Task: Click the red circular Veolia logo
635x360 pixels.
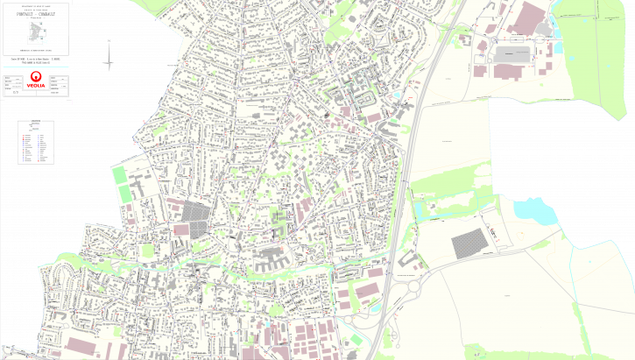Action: coord(36,76)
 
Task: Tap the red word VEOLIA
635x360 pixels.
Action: coord(36,86)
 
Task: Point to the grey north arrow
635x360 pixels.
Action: coord(109,57)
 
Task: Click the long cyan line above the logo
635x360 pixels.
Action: coord(35,66)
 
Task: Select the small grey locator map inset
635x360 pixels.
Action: coord(38,34)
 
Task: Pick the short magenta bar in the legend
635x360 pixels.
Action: coord(37,128)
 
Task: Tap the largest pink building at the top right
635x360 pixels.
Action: coord(528,19)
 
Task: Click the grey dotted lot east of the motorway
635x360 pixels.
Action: coord(472,244)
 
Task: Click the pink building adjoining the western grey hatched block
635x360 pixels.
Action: coord(180,229)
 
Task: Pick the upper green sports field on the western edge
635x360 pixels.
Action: coord(120,175)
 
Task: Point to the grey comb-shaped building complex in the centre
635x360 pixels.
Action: coord(272,258)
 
